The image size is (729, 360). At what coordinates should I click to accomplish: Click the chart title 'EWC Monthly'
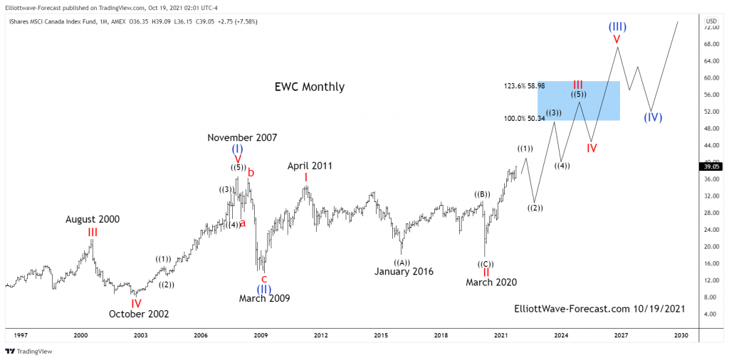coord(309,87)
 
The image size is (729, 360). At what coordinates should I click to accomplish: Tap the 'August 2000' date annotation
coord(93,219)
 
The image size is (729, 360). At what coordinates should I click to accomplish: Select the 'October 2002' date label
coord(139,314)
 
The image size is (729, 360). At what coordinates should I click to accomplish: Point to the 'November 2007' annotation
coord(242,137)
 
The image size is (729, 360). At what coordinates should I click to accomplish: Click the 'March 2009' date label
coord(264,299)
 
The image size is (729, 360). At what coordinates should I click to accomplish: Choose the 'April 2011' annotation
coord(310,166)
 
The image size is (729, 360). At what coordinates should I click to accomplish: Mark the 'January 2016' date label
coord(404,271)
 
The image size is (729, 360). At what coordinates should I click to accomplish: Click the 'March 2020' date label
coord(491,282)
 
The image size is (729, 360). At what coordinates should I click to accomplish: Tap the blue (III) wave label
coord(617,27)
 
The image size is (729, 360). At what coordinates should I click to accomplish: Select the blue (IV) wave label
coord(653,117)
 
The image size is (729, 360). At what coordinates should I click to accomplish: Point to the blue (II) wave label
coord(263,289)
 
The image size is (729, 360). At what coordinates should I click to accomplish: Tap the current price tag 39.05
coord(711,166)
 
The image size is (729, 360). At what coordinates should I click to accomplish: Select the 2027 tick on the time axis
coord(621,335)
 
